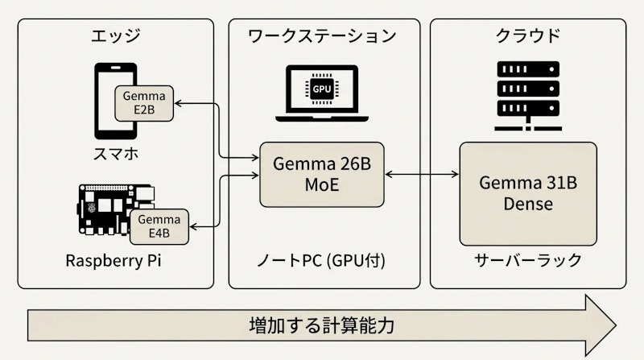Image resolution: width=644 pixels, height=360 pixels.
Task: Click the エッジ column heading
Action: tap(116, 35)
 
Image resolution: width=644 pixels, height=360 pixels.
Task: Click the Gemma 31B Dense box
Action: tap(528, 193)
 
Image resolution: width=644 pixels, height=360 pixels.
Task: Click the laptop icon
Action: tap(321, 94)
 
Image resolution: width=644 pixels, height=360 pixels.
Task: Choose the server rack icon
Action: tap(528, 90)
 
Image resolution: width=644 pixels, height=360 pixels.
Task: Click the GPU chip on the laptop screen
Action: tap(321, 86)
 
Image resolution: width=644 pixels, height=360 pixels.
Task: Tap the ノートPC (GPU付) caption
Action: tap(322, 263)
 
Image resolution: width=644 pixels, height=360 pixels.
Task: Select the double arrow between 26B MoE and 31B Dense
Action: tap(422, 174)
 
